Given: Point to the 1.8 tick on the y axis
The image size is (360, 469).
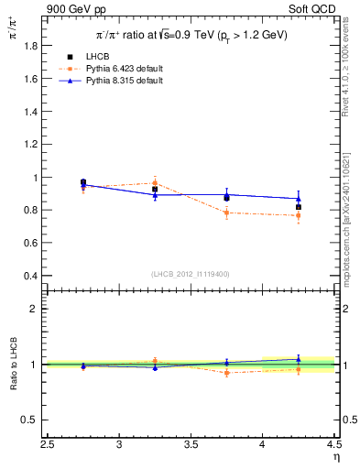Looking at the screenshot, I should [28, 46].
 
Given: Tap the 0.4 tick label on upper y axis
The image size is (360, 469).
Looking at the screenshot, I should [28, 276].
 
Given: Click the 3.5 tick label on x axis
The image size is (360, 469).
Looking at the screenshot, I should [191, 446].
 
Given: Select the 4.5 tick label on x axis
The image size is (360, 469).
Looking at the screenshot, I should [333, 446].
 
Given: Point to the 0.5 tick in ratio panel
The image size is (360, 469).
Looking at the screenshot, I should [28, 420].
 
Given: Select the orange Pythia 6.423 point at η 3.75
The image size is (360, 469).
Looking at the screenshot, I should [226, 213].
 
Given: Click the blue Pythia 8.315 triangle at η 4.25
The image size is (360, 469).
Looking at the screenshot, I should [298, 199].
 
